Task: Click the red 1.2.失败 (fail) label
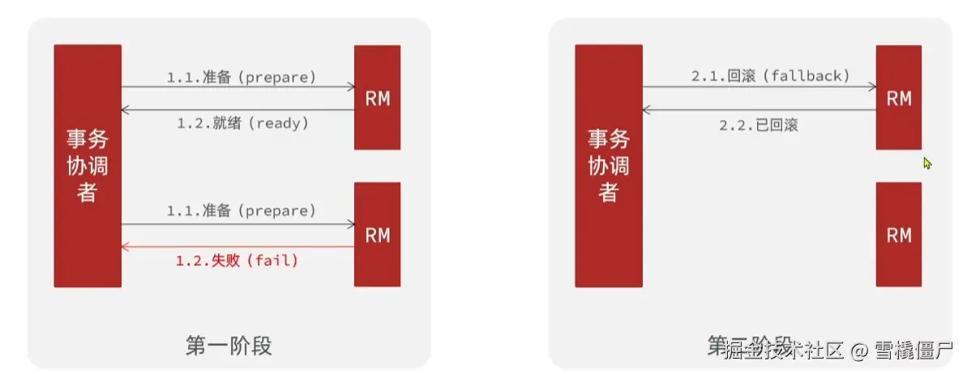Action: pyautogui.click(x=237, y=261)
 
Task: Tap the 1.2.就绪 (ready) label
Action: pyautogui.click(x=242, y=123)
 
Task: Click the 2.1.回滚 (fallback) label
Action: pyautogui.click(x=770, y=76)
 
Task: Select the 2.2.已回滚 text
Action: pyautogui.click(x=759, y=126)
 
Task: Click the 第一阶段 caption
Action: pyautogui.click(x=229, y=346)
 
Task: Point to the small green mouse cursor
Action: pyautogui.click(x=927, y=163)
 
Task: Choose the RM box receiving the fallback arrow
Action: pyautogui.click(x=898, y=97)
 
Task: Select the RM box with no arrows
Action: pyautogui.click(x=898, y=234)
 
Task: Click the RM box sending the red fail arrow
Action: pyautogui.click(x=377, y=234)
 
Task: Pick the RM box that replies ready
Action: pyautogui.click(x=377, y=97)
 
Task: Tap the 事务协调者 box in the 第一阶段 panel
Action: pyautogui.click(x=88, y=166)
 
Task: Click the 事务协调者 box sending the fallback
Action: pyautogui.click(x=609, y=166)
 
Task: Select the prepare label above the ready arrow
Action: pyautogui.click(x=241, y=77)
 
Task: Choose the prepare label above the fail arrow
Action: pyautogui.click(x=241, y=211)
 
